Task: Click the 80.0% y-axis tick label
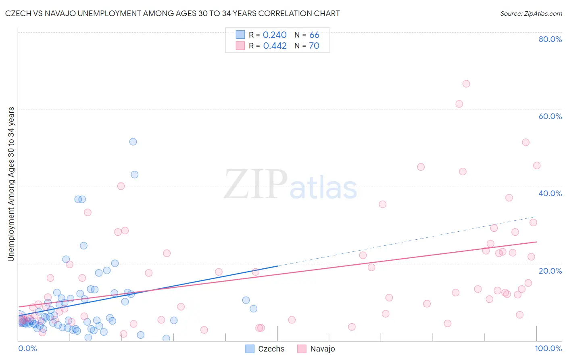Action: pyautogui.click(x=550, y=39)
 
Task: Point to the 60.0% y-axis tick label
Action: pyautogui.click(x=550, y=116)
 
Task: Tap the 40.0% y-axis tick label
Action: pyautogui.click(x=550, y=193)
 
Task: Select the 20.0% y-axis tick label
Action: pyautogui.click(x=550, y=271)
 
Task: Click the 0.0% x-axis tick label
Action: pyautogui.click(x=27, y=348)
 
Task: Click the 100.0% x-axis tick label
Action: pyautogui.click(x=548, y=348)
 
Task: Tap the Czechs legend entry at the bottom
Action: pyautogui.click(x=265, y=349)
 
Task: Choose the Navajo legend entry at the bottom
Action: pyautogui.click(x=317, y=349)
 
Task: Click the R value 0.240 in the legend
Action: pyautogui.click(x=275, y=35)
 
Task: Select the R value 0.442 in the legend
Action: pyautogui.click(x=275, y=46)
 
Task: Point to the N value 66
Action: pyautogui.click(x=314, y=35)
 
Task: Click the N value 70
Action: pyautogui.click(x=314, y=46)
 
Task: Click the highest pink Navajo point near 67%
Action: pyautogui.click(x=466, y=84)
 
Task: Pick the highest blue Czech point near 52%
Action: pyautogui.click(x=133, y=142)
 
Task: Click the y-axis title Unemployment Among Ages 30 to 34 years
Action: pyautogui.click(x=11, y=184)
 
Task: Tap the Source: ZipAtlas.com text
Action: pyautogui.click(x=531, y=14)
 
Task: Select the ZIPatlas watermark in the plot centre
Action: pyautogui.click(x=290, y=185)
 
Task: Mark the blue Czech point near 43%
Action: pyautogui.click(x=135, y=175)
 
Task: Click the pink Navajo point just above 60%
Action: pyautogui.click(x=459, y=104)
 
